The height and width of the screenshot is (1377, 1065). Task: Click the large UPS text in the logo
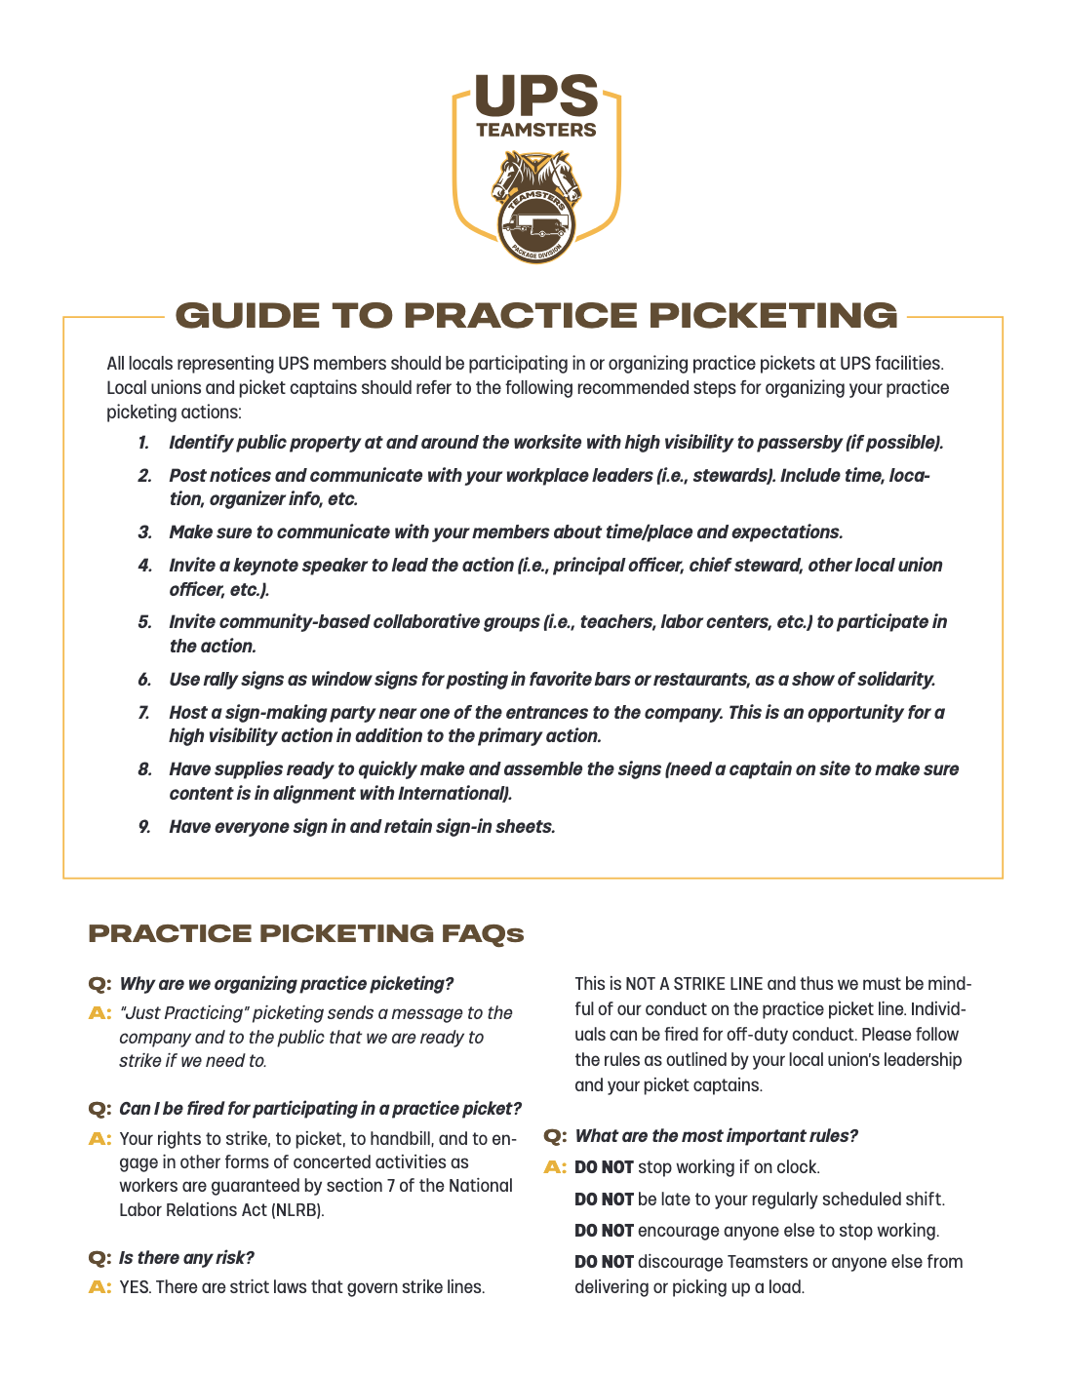click(x=535, y=96)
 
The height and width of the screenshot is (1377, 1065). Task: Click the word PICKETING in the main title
click(x=772, y=316)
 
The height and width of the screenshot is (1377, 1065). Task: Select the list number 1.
click(x=143, y=443)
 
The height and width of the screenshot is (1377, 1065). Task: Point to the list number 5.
click(x=144, y=622)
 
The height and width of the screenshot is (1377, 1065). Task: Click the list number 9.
click(x=144, y=827)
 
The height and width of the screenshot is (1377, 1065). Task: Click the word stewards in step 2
click(x=730, y=476)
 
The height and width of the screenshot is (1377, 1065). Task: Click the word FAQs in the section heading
click(x=483, y=934)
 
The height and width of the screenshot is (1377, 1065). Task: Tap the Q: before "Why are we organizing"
click(x=99, y=984)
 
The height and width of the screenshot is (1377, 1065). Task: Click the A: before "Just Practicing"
click(x=99, y=1013)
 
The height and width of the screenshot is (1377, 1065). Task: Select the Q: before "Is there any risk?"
click(x=99, y=1258)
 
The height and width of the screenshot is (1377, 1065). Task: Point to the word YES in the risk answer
click(x=135, y=1287)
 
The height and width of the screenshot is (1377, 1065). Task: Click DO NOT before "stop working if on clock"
click(x=604, y=1167)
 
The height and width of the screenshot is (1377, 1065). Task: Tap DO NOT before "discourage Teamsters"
click(x=604, y=1262)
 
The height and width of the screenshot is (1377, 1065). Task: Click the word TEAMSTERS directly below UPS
click(x=535, y=130)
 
